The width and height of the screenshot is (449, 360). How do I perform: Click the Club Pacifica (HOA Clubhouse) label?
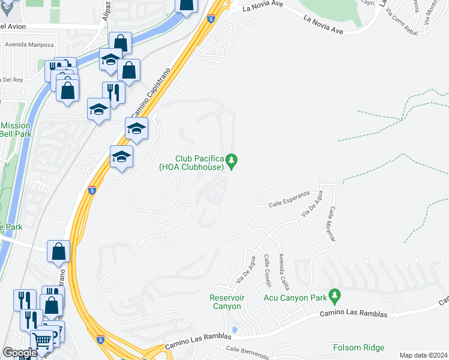(x=191, y=163)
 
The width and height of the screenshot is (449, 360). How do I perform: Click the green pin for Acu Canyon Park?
(x=335, y=296)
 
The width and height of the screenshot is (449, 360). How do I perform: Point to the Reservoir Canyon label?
(x=225, y=302)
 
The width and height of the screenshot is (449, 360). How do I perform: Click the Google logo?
(x=20, y=353)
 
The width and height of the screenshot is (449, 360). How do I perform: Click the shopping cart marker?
(x=41, y=341)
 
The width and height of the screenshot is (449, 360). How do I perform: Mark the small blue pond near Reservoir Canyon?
(x=234, y=330)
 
